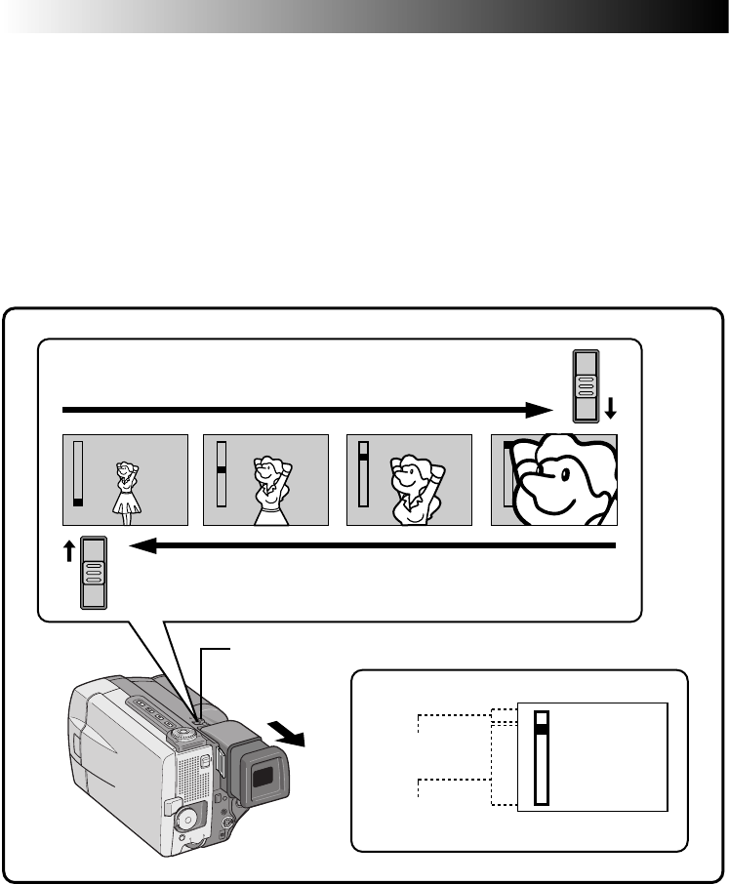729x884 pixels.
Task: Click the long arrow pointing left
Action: pos(371,547)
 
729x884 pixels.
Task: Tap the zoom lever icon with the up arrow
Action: pos(95,573)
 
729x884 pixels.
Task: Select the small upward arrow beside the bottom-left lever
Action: pos(68,553)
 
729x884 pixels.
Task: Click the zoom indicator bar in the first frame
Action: pos(78,472)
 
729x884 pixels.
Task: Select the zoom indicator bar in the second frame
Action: pos(221,472)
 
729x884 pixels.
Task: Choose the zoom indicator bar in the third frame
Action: pos(364,472)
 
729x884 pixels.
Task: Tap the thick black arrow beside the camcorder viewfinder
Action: pos(291,729)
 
